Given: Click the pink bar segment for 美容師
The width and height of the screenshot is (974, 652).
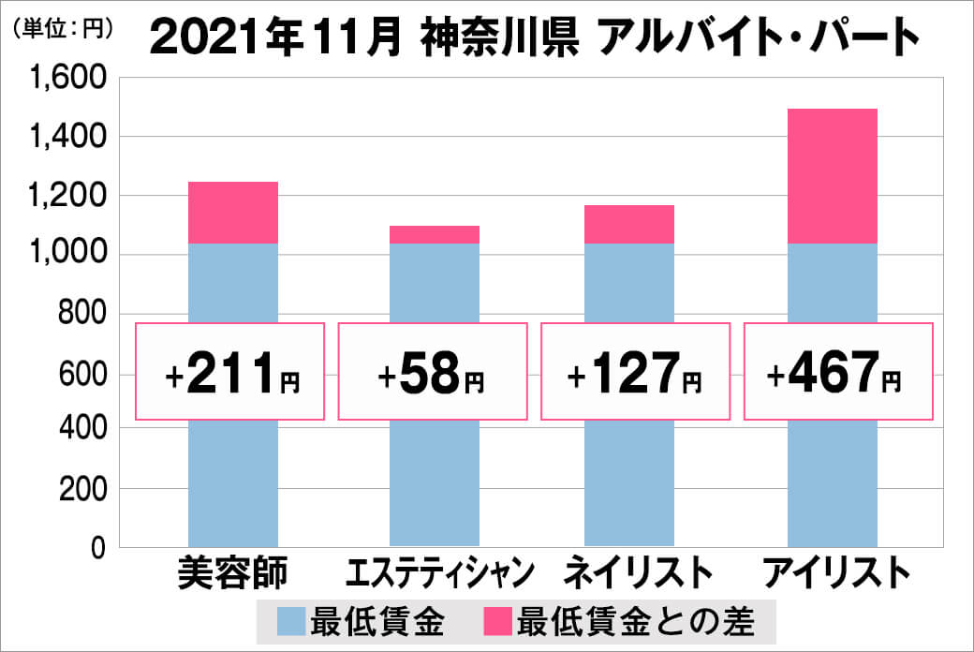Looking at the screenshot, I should click(232, 213).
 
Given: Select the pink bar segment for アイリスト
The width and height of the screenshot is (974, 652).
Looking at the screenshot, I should click(832, 176).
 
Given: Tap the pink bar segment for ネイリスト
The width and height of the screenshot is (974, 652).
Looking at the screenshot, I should click(628, 224).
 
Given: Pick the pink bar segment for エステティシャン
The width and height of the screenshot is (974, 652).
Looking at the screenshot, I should click(433, 234).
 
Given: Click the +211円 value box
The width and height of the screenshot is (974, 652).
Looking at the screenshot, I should click(230, 372).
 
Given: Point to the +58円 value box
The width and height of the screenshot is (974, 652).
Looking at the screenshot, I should click(432, 372).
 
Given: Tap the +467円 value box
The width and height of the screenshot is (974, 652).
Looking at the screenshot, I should click(838, 372).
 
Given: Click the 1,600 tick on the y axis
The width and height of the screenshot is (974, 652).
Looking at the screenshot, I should click(69, 79).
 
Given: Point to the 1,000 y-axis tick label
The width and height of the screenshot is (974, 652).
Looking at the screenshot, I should click(69, 255).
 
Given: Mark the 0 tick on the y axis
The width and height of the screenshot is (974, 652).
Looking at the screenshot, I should click(96, 547).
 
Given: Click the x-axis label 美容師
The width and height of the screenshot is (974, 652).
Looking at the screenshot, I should click(233, 572).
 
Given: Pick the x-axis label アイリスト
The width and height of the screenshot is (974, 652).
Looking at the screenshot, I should click(835, 572).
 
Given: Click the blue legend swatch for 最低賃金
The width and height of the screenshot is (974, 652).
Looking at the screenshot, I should click(293, 619).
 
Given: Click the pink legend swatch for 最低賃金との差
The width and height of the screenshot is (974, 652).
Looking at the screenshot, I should click(497, 619).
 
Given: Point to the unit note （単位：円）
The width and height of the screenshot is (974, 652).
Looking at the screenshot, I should click(64, 28).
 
